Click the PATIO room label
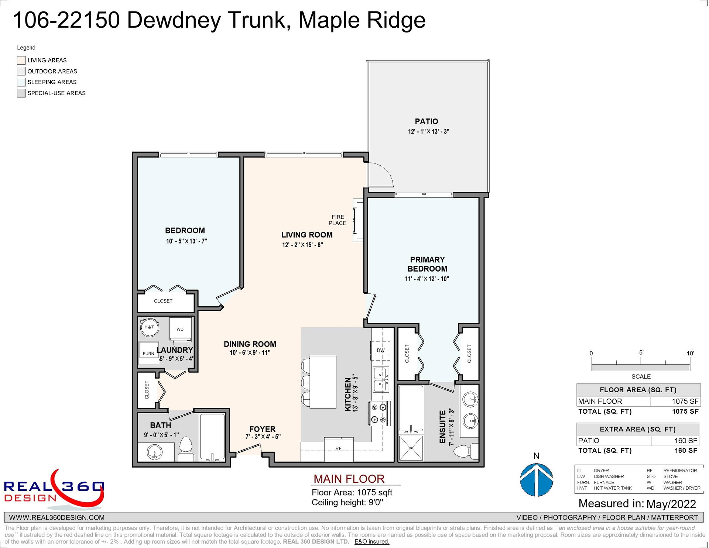pos(427,121)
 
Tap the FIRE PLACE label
pos(338,220)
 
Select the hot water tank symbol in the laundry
pos(149,327)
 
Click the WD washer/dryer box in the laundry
pos(180,329)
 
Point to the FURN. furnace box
pos(148,354)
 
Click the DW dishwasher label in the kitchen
pos(381,350)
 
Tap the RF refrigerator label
pos(339,449)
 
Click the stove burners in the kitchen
pos(379,413)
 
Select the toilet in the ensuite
pos(466,451)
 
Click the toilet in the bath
pos(185,449)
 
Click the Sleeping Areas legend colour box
pos(21,82)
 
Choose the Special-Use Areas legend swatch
pos(21,93)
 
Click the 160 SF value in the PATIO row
pos(686,441)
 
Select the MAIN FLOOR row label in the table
pos(600,401)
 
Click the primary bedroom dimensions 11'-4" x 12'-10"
pos(427,279)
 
